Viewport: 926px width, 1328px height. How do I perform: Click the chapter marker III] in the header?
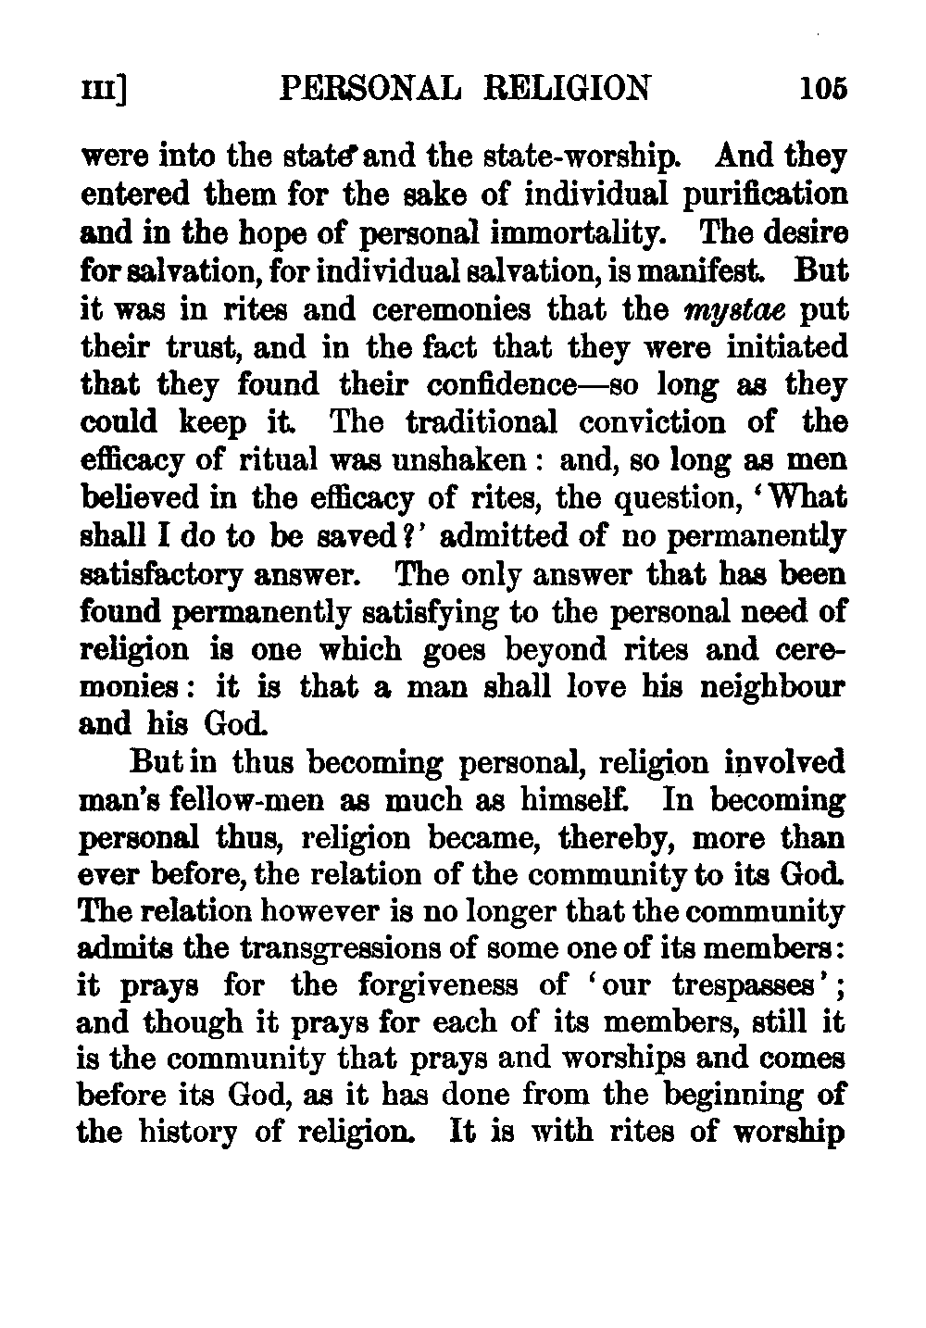(104, 90)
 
